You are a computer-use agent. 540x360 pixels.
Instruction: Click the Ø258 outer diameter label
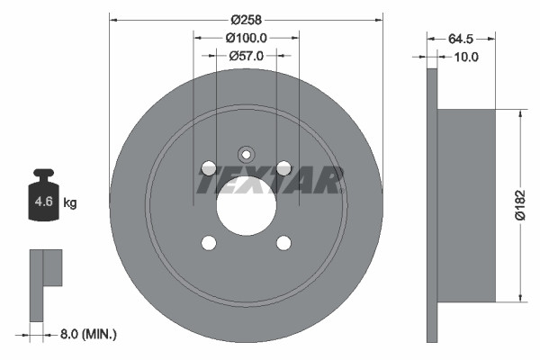(x=246, y=19)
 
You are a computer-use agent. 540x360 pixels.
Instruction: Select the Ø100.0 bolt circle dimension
(x=246, y=38)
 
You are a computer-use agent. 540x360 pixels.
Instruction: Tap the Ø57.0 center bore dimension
(x=246, y=56)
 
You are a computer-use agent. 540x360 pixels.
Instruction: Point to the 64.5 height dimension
(x=461, y=39)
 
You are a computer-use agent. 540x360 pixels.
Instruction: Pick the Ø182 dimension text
(x=519, y=204)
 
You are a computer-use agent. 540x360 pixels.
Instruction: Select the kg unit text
(x=70, y=203)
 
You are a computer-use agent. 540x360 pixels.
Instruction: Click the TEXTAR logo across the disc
(x=269, y=181)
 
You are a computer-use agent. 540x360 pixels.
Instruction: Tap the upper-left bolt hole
(x=209, y=167)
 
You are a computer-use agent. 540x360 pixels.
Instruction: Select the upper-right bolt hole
(x=283, y=167)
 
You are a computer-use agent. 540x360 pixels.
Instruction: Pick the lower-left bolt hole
(x=209, y=242)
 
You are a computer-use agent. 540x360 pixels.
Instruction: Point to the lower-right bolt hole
(x=283, y=242)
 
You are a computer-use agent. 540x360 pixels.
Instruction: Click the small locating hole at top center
(x=246, y=152)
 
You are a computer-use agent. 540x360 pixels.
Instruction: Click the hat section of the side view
(x=466, y=205)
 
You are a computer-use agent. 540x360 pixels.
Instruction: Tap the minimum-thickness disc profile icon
(x=45, y=279)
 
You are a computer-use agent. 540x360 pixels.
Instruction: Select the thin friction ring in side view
(x=431, y=205)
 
